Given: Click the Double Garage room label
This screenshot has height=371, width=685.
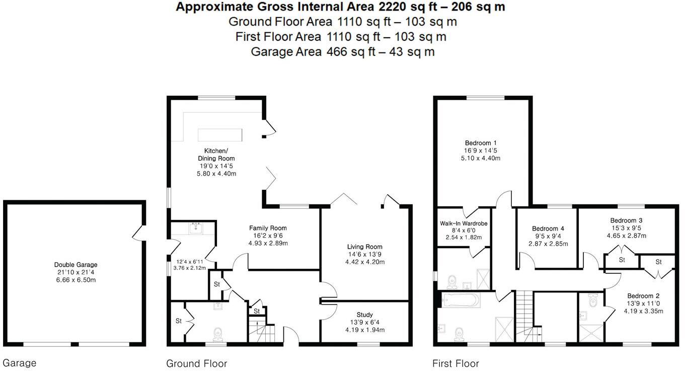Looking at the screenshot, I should [75, 265].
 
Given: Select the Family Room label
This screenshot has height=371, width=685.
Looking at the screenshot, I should [267, 228].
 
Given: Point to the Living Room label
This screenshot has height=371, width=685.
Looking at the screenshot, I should [364, 247].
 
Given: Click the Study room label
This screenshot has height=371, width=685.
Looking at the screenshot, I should [364, 315].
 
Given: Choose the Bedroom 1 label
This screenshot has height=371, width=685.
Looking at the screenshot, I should [481, 142].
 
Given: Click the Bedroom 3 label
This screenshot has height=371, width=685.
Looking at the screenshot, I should [626, 220].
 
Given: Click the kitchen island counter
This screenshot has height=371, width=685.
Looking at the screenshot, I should [220, 135].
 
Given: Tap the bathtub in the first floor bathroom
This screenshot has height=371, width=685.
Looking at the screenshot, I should [461, 301].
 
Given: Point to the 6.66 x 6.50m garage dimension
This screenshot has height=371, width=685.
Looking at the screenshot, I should [75, 280].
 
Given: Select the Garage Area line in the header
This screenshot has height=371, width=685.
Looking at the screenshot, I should [342, 52].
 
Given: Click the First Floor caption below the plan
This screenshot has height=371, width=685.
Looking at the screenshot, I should [455, 363].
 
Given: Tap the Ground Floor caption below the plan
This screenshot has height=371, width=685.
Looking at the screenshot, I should [196, 363].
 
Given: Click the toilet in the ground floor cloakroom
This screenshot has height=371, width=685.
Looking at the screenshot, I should [218, 334].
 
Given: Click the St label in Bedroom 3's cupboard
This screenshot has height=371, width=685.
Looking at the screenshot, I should [622, 260].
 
